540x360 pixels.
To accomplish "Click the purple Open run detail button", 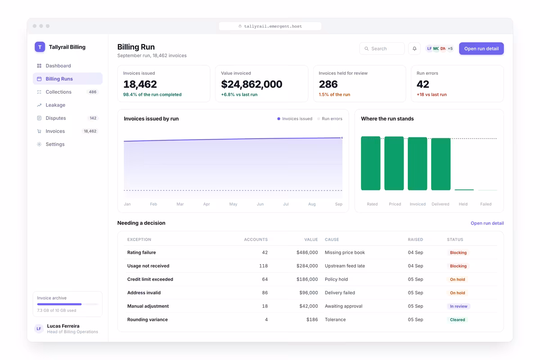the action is click(x=481, y=49).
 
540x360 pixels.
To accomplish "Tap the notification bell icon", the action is click(x=414, y=49).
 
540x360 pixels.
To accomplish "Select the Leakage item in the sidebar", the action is click(x=55, y=105).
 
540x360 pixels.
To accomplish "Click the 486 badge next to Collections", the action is click(x=93, y=92).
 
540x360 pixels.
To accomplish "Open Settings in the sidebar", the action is click(x=55, y=144).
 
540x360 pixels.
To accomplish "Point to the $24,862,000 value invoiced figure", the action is click(x=252, y=84).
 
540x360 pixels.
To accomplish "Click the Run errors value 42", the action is click(x=423, y=84).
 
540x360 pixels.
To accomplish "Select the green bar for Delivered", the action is click(x=441, y=164).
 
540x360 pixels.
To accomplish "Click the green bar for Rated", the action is click(x=370, y=163).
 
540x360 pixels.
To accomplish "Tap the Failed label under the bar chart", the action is click(x=486, y=204).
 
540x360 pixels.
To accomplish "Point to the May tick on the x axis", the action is click(x=233, y=204).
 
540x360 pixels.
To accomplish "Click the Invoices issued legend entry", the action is click(x=295, y=119).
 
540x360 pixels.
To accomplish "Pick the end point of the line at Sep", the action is click(x=342, y=138).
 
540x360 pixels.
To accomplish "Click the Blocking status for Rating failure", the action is click(x=458, y=252).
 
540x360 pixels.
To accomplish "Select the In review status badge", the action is click(x=459, y=306).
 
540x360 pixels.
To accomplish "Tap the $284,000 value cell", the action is click(x=307, y=265).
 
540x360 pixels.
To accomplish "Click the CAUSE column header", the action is click(x=332, y=239).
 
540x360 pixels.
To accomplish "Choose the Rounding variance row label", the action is click(x=147, y=319).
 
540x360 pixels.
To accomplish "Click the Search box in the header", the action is click(x=382, y=49).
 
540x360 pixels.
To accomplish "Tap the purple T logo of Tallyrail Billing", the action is click(x=40, y=47).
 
